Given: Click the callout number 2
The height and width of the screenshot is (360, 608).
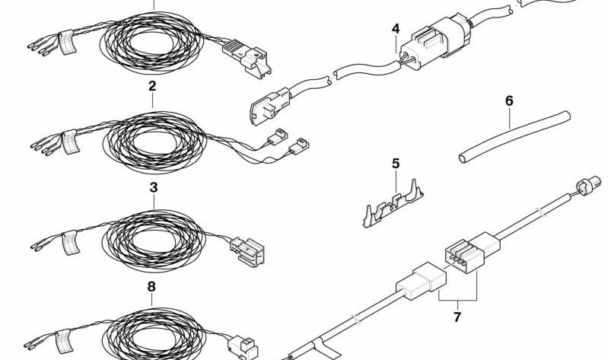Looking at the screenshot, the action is click(152, 86).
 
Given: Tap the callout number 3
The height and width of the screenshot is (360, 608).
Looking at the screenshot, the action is click(154, 187).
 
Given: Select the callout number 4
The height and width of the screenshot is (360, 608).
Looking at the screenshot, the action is click(396, 29).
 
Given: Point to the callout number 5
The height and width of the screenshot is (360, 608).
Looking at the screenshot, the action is click(396, 164).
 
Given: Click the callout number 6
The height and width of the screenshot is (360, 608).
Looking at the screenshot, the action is click(509, 101).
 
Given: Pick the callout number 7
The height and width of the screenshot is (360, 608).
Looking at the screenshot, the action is click(457, 317).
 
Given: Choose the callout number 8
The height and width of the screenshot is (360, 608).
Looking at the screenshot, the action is click(151, 287).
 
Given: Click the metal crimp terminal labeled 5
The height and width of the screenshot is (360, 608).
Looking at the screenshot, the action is click(393, 205).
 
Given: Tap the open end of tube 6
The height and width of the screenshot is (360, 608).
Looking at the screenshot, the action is click(463, 158).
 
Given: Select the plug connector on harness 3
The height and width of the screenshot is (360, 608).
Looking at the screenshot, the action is click(247, 251).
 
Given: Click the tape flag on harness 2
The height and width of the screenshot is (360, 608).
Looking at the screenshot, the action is click(70, 142).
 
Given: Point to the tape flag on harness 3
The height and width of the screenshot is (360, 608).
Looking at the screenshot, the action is click(70, 242).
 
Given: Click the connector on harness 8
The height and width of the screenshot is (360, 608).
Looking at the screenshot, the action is click(243, 348).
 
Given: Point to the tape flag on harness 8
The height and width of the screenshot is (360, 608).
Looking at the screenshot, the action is click(63, 342).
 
